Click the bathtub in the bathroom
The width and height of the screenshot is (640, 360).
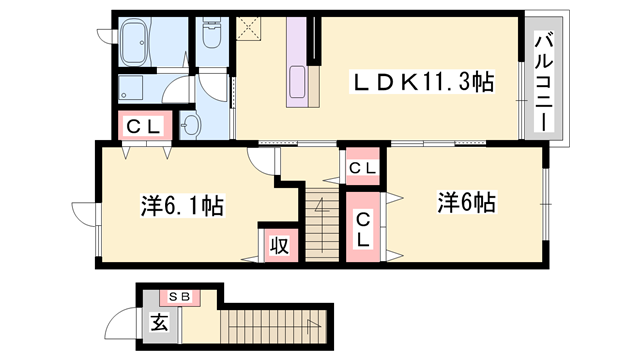click(146, 44)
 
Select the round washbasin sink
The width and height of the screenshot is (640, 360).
click(192, 124)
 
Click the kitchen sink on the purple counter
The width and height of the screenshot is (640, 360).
click(297, 80)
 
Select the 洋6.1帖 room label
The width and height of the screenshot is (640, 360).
click(181, 207)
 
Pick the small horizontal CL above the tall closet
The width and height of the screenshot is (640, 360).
click(361, 168)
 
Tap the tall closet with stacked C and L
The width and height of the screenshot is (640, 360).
click(362, 229)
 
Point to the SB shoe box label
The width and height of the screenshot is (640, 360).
click(182, 297)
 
